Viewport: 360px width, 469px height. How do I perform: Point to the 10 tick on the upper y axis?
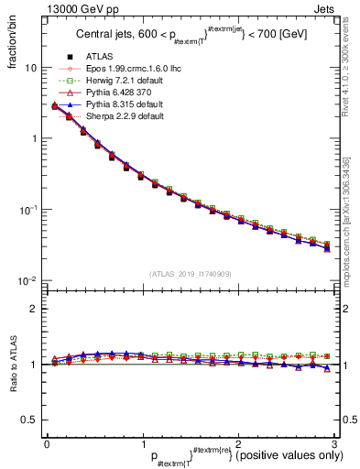point(31,69)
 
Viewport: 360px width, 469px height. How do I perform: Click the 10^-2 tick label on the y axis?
point(29,280)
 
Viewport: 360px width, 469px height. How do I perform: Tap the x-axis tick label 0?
point(47,442)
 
